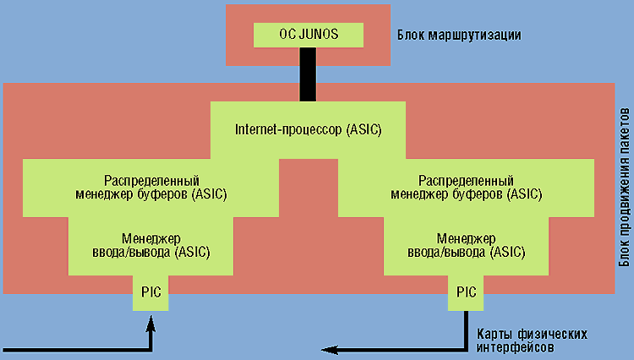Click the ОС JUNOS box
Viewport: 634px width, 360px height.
tap(309, 35)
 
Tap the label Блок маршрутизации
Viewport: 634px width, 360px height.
tap(458, 35)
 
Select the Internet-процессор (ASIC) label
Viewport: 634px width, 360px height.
tap(308, 130)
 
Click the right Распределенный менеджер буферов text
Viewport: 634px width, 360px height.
tap(467, 188)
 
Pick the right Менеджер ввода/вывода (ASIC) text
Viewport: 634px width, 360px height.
tap(467, 246)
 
